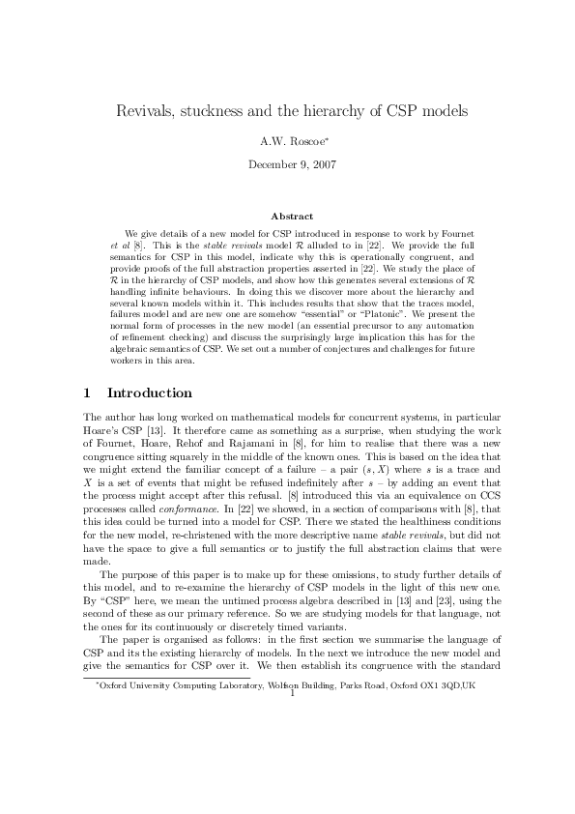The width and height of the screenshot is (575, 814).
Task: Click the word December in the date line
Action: pos(272,163)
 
